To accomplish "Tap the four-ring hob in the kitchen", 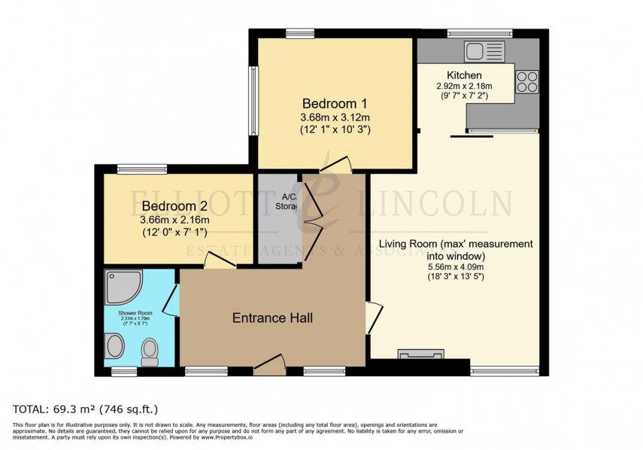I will point(527,81).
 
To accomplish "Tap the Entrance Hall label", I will point(272,318).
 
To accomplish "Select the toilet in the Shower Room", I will point(150,351).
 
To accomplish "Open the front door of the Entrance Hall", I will point(269,366).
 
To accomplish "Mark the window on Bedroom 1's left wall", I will point(253,102).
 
